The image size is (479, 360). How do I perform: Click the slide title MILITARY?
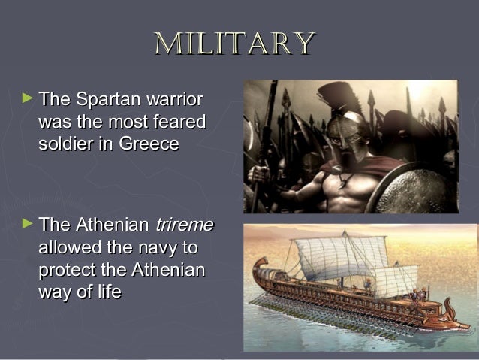233,44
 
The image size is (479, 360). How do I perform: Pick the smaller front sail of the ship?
397,279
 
